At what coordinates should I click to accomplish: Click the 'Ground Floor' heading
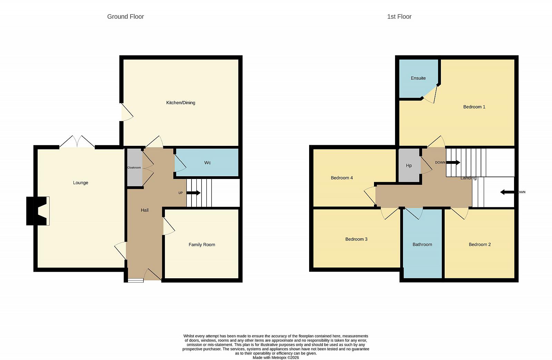[x=126, y=17]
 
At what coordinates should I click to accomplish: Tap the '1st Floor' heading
[x=399, y=17]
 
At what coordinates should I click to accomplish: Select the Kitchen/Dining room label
[x=181, y=103]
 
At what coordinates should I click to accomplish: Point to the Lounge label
[x=81, y=183]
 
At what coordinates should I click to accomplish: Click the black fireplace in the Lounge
[x=37, y=211]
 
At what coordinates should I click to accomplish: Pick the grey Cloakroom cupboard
[x=135, y=168]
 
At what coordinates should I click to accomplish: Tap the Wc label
[x=207, y=163]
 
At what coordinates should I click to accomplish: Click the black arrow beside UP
[x=194, y=193]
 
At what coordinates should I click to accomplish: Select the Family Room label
[x=202, y=244]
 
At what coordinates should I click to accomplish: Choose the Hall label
[x=145, y=210]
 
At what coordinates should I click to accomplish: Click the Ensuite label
[x=418, y=78]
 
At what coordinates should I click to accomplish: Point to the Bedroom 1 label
[x=474, y=107]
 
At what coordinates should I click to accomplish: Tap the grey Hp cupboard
[x=409, y=165]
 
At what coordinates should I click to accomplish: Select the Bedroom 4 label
[x=342, y=178]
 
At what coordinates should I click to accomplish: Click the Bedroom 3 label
[x=356, y=239]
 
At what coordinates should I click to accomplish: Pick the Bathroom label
[x=422, y=244]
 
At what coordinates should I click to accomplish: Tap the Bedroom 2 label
[x=480, y=244]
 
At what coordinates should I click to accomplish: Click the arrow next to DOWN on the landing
[x=453, y=162]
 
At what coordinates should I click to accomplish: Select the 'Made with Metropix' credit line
[x=276, y=358]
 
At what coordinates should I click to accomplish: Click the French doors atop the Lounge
[x=77, y=142]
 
